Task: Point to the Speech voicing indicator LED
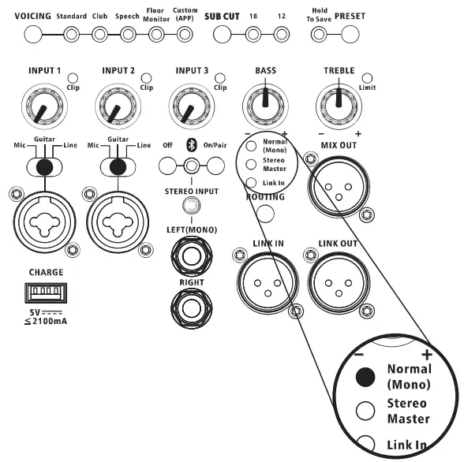(x=127, y=35)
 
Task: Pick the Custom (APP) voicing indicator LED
(x=185, y=35)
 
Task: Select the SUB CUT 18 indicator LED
(x=253, y=35)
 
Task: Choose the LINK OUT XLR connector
(x=338, y=275)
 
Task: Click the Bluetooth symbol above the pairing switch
(x=189, y=145)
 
